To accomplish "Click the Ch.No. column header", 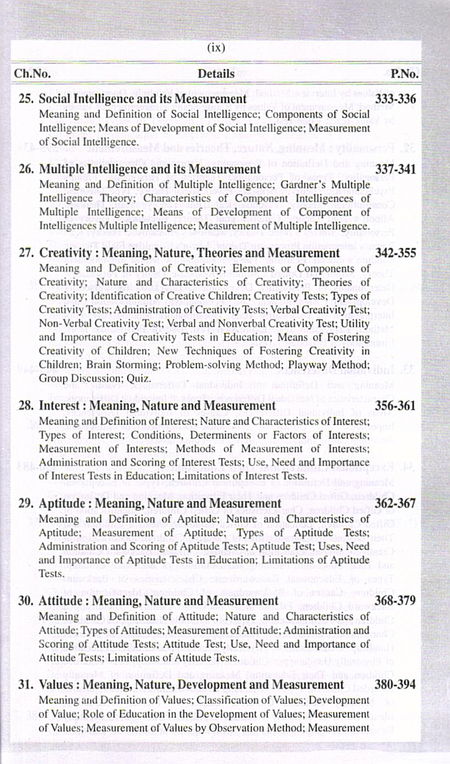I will tap(32, 74).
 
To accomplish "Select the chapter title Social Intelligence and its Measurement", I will tap(143, 99).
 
